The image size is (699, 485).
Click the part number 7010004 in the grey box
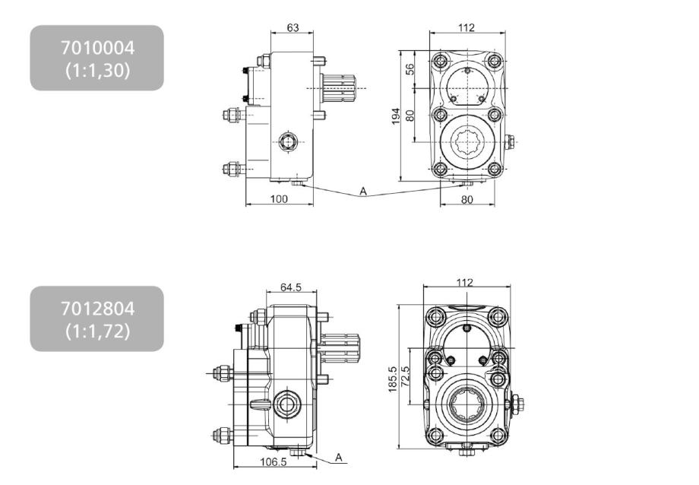click(x=97, y=48)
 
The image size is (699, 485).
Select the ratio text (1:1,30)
click(x=97, y=71)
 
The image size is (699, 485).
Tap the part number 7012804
click(x=97, y=309)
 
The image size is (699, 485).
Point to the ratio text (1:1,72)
click(x=97, y=331)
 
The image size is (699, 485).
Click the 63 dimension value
click(x=293, y=27)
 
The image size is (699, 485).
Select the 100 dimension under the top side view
click(x=279, y=199)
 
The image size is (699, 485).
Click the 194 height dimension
click(x=396, y=116)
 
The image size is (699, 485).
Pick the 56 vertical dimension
click(x=410, y=69)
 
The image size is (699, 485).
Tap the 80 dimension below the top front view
click(x=467, y=199)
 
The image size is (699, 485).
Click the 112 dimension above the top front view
click(x=467, y=27)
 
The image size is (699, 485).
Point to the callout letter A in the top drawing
click(x=363, y=192)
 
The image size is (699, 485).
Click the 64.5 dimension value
click(x=291, y=287)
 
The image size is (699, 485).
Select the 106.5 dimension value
click(x=273, y=461)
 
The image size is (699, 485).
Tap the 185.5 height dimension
click(x=392, y=379)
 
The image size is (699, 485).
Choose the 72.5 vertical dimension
click(x=405, y=377)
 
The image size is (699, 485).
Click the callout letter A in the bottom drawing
click(x=339, y=458)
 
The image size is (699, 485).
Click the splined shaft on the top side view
click(x=339, y=88)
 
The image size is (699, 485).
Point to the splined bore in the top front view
click(x=467, y=142)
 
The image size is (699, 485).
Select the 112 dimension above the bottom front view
click(x=464, y=283)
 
